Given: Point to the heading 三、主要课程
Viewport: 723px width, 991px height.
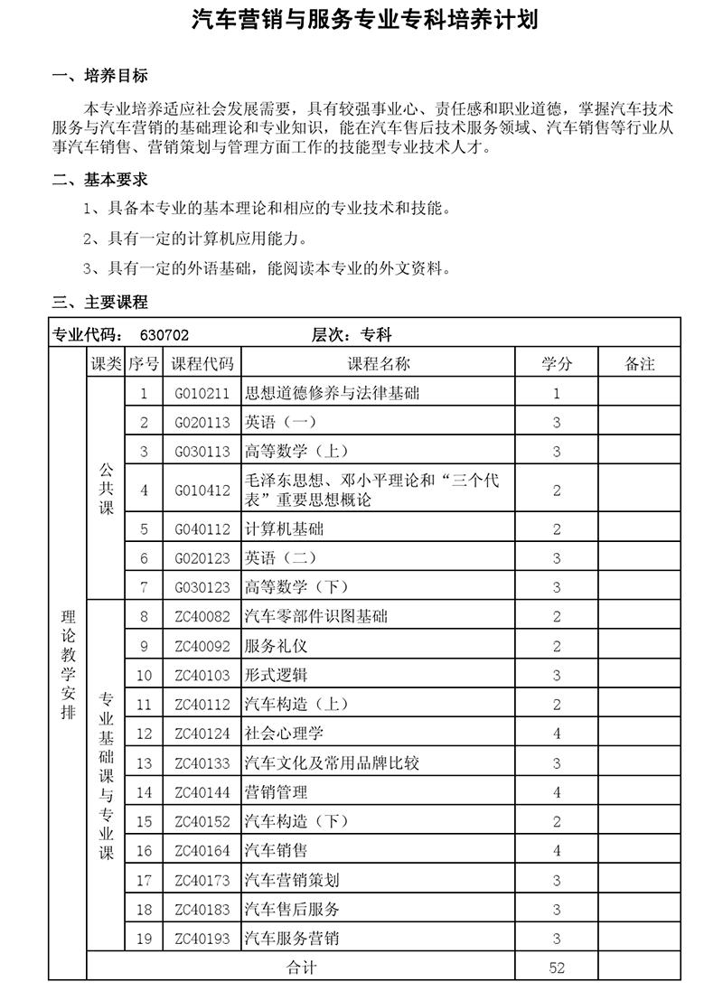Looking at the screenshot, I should [x=100, y=302].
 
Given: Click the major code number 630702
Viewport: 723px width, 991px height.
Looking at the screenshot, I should [x=164, y=334].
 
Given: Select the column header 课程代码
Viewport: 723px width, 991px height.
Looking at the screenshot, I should [x=202, y=363].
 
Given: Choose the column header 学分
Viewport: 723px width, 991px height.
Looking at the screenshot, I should [x=557, y=363].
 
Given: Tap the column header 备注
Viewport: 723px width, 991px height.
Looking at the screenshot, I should [x=639, y=363].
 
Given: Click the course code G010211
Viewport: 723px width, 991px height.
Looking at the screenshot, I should [x=202, y=393].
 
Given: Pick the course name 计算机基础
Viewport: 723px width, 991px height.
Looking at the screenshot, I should [x=284, y=528].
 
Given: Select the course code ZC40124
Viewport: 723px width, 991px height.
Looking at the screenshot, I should [x=202, y=734].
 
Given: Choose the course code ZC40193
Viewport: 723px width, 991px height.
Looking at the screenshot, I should [x=202, y=939].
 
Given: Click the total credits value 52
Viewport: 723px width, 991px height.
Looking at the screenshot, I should [x=557, y=968].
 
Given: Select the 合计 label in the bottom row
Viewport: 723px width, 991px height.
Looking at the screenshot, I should [x=301, y=968].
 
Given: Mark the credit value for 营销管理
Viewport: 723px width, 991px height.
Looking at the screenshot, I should [x=557, y=792].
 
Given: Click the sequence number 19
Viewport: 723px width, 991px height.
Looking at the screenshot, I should [x=144, y=939].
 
